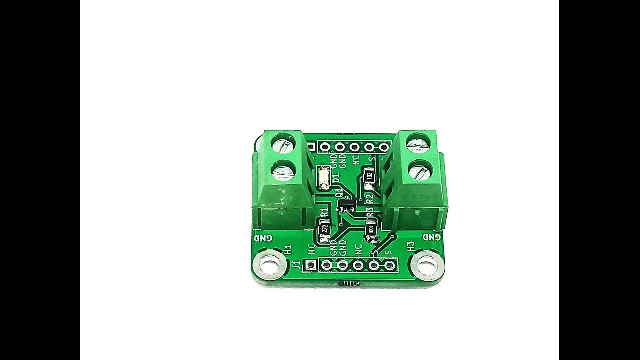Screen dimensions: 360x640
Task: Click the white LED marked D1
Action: pos(323,178)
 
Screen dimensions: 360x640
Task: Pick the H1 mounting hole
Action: pos(270,264)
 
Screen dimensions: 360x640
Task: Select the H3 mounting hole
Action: pos(427,263)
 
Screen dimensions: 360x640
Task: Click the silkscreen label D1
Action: pos(335,178)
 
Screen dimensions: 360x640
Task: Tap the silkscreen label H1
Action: pos(287,249)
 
